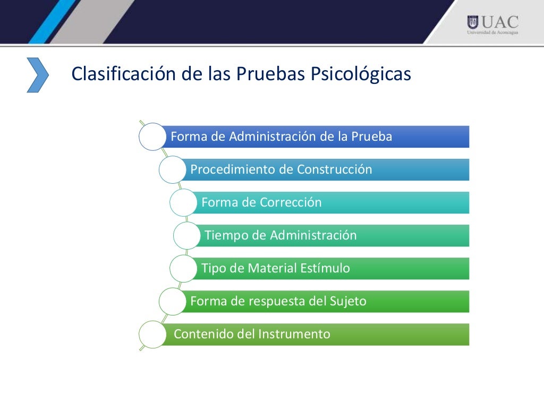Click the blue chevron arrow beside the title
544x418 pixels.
[38, 75]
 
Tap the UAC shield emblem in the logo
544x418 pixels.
[472, 22]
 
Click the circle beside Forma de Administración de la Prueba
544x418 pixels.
[152, 137]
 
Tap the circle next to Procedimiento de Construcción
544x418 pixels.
[172, 169]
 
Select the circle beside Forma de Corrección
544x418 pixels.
[183, 202]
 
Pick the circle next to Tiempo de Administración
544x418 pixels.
[187, 235]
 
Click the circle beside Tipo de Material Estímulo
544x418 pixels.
[183, 268]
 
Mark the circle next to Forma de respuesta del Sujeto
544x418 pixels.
[172, 301]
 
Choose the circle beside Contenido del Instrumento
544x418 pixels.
[152, 334]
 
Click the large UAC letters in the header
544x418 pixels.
[500, 22]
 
